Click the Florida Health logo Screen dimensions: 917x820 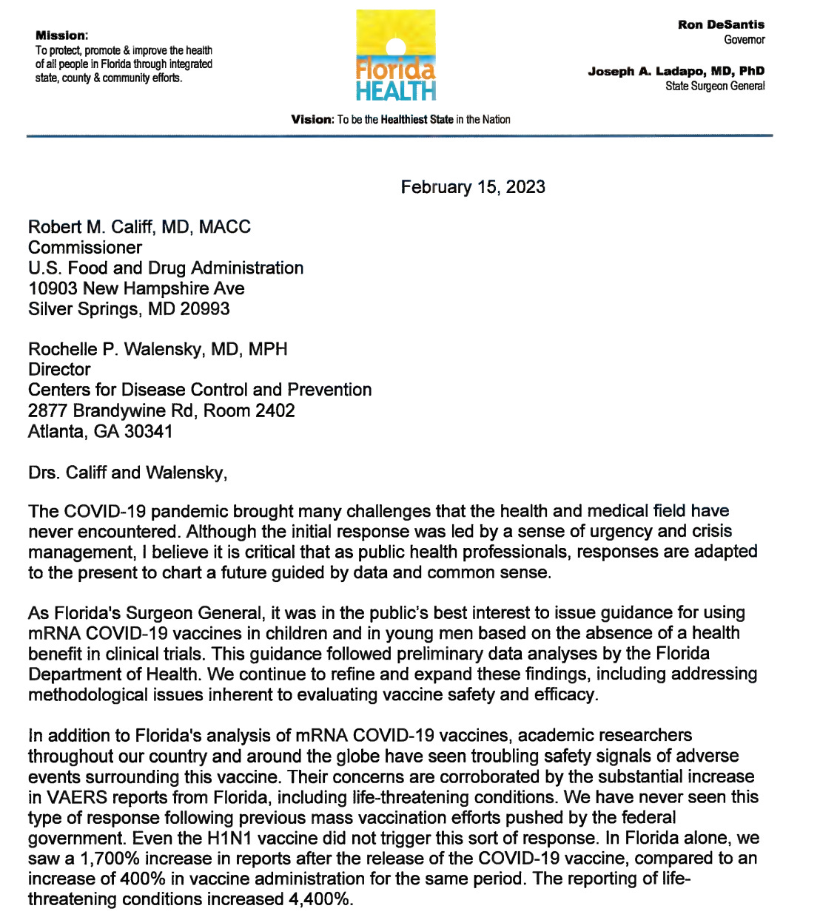[396, 56]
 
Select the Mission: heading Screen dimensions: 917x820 [61, 35]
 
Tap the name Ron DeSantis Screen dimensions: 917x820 [721, 24]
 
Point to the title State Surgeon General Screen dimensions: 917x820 [715, 86]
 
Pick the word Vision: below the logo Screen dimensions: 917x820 [312, 119]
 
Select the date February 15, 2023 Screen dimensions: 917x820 [473, 186]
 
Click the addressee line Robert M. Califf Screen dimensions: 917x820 [139, 226]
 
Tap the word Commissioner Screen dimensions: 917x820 [85, 247]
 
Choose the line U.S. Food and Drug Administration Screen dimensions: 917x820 [166, 268]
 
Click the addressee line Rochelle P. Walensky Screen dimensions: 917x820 [158, 349]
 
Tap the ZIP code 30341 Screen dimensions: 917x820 [148, 431]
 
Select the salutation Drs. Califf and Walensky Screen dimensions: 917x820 [127, 472]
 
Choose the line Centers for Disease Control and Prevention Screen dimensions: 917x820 [200, 390]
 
